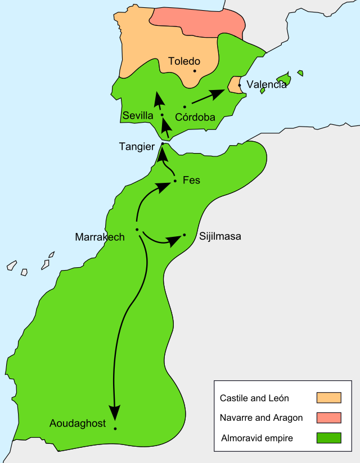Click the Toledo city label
(x=184, y=61)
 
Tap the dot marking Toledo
(x=195, y=71)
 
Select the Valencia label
(x=266, y=85)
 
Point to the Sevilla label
(x=138, y=116)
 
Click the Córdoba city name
(x=196, y=117)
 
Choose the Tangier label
(x=137, y=146)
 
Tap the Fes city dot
(x=175, y=181)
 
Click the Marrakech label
(x=100, y=237)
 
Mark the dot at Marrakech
(x=137, y=230)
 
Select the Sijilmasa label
(x=220, y=236)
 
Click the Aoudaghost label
(x=78, y=424)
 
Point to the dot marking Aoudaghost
(x=115, y=429)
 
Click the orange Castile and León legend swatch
(x=329, y=398)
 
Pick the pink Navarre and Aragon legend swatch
(x=329, y=417)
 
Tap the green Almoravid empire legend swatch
(x=329, y=437)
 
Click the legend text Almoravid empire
(x=257, y=438)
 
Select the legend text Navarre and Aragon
(x=261, y=418)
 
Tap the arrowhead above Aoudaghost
(x=115, y=413)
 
